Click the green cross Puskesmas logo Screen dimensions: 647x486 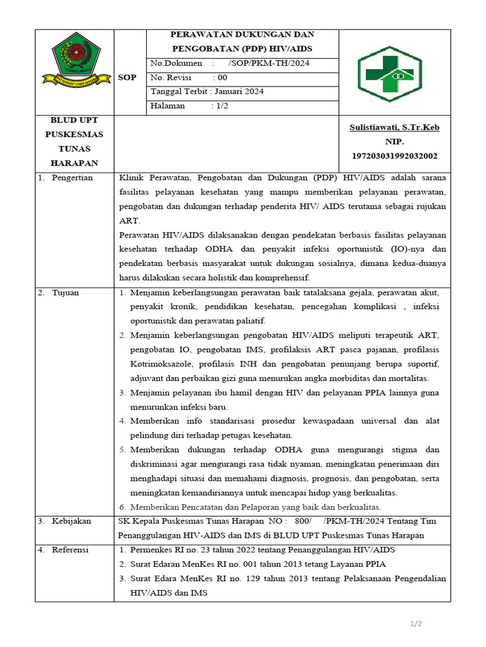tap(385, 74)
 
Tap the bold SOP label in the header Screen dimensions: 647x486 tap(127, 77)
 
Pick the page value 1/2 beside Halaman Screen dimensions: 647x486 tap(221, 106)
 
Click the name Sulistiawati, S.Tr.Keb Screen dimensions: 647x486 tap(394, 128)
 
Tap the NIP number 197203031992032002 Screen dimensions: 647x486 tap(394, 155)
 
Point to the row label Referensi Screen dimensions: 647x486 tap(70, 550)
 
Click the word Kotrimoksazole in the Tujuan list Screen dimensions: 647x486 tap(161, 364)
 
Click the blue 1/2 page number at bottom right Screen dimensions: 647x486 tap(416, 624)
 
